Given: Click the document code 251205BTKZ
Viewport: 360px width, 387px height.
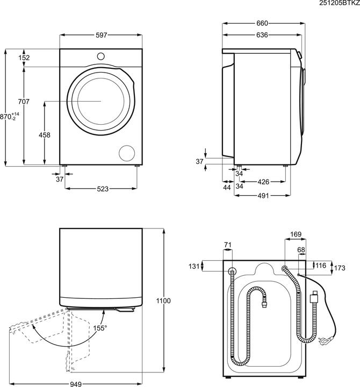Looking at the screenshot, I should pos(339,3).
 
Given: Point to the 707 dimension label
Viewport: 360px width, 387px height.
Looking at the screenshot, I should pos(23,102).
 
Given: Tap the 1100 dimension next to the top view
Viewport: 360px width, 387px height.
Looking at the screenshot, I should pos(164,301).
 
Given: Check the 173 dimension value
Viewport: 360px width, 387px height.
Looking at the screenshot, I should pos(339,267).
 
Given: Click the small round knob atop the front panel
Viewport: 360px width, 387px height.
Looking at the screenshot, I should pos(101,56).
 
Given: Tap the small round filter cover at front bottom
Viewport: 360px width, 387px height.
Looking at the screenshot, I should pos(127,152).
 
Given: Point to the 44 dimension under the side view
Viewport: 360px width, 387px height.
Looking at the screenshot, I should pos(227,188).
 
